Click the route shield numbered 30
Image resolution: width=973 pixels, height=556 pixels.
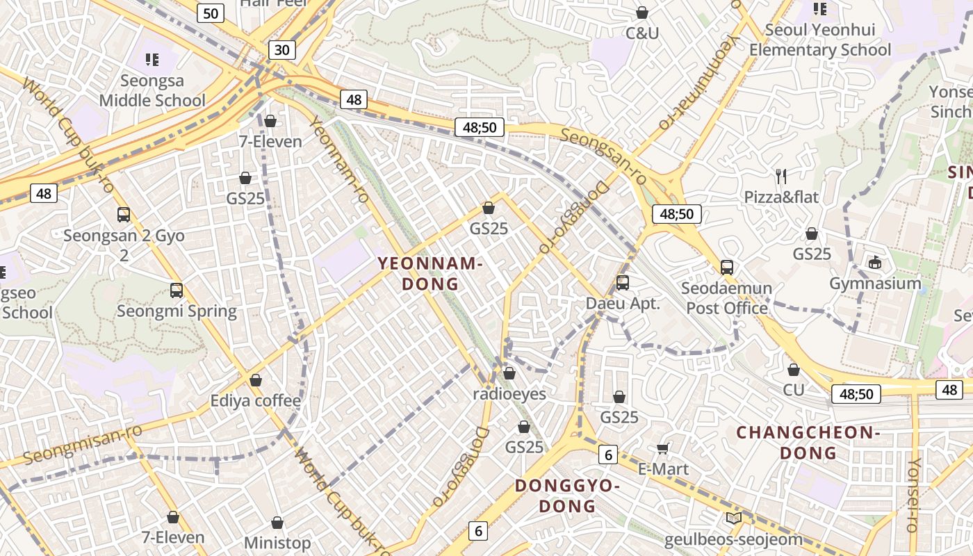(x=281, y=50)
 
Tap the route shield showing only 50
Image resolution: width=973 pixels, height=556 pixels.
(x=211, y=13)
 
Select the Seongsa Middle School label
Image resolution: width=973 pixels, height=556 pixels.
(x=152, y=91)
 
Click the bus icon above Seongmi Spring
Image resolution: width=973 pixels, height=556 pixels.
(x=177, y=291)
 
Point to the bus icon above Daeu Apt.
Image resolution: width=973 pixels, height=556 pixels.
(x=623, y=283)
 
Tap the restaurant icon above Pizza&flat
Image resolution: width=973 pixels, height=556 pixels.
(x=781, y=177)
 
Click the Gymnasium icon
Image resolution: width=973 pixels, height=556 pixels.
(x=874, y=263)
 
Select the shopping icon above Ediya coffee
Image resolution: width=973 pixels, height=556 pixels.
(x=256, y=380)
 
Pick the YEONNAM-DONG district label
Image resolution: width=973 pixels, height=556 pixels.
(x=430, y=273)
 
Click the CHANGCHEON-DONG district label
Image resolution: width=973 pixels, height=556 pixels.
(x=808, y=443)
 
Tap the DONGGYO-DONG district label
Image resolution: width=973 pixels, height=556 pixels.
(x=567, y=496)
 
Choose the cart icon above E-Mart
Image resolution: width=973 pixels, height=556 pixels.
(x=663, y=448)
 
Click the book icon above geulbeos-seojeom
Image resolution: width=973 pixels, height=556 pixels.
(x=733, y=518)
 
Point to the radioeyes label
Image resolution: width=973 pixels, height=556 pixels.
(x=509, y=394)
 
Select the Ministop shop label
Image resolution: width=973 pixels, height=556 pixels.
(x=277, y=542)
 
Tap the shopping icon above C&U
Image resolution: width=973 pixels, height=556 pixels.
(x=642, y=13)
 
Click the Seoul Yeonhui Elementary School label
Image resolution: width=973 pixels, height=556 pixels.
(x=820, y=40)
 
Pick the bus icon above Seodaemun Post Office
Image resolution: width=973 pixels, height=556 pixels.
(x=727, y=267)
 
